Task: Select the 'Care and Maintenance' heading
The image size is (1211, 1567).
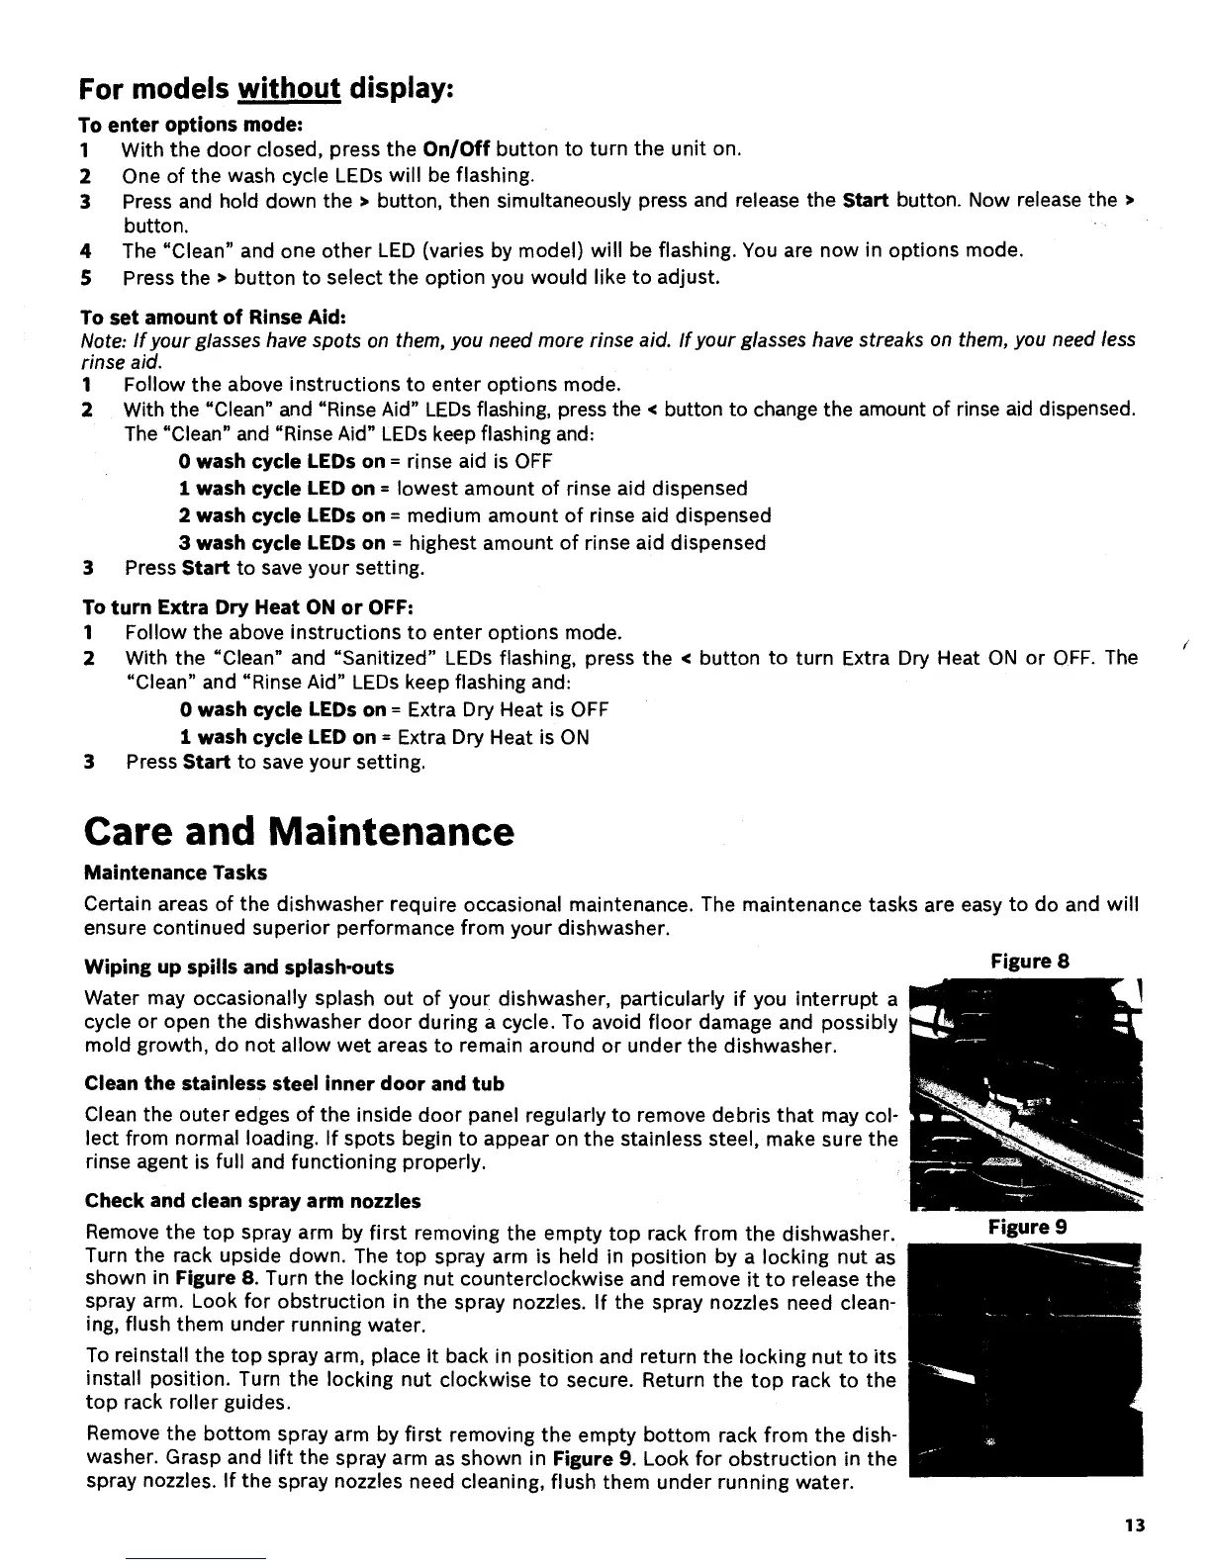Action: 299,832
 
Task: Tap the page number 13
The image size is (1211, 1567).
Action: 1135,1524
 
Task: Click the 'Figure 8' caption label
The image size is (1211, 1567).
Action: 1030,962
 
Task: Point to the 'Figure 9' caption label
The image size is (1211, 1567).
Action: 1027,1228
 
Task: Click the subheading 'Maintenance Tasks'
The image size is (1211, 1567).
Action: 175,873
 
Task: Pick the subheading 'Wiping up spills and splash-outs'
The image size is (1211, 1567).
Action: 239,967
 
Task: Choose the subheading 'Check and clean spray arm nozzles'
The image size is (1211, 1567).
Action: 253,1201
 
